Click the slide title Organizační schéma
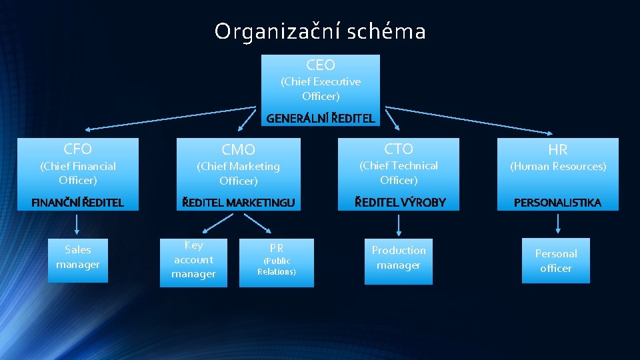coord(320,31)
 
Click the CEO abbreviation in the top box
coord(321,65)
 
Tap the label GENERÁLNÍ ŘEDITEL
coord(321,119)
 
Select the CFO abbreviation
coord(78,148)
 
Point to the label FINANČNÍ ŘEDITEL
coord(78,202)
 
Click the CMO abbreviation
coord(238,149)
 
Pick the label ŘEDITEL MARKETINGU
coord(239,202)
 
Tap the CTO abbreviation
coord(399,149)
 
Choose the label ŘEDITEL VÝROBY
coord(399,202)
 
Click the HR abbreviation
coord(558,149)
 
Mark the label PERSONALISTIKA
coord(558,202)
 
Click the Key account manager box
coord(193,261)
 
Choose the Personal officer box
coord(556,261)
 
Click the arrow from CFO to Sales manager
coord(78,224)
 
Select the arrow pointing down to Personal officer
coord(557,224)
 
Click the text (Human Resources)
coord(558,166)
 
